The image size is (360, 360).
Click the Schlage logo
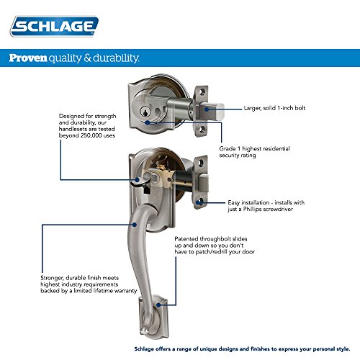coord(54,27)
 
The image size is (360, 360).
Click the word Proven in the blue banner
coord(28,58)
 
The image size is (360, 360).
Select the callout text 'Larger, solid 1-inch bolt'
coord(274,108)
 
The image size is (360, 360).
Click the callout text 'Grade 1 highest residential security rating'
coord(254,152)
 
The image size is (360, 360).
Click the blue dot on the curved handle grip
coord(135,225)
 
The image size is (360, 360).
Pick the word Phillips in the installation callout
coord(252,209)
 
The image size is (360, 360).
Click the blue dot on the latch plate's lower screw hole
coord(198,203)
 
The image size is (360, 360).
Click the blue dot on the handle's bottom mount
coord(158,305)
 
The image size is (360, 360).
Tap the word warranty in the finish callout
coord(126,291)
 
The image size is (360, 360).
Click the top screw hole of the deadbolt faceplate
coord(202,91)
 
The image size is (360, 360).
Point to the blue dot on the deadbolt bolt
coord(207,109)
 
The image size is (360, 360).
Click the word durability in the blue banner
coord(116,58)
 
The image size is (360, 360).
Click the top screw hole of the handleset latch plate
coord(201,163)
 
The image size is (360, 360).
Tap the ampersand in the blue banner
coord(88,58)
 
